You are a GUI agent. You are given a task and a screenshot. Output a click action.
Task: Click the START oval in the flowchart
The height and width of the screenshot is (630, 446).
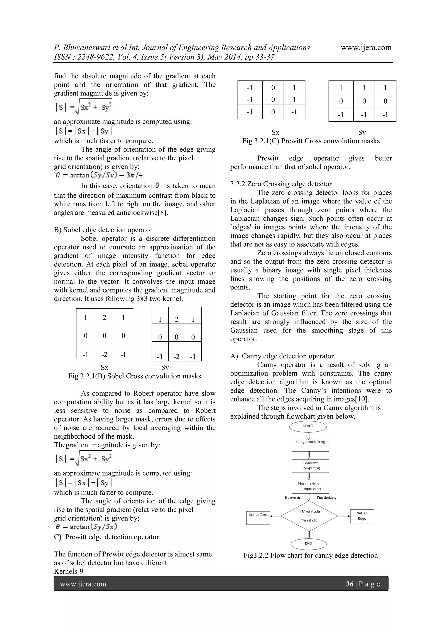tap(308, 426)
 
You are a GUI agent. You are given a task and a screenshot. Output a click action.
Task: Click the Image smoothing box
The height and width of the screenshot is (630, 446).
tap(310, 445)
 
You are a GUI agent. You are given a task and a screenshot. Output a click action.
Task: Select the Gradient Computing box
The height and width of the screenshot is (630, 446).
tap(310, 466)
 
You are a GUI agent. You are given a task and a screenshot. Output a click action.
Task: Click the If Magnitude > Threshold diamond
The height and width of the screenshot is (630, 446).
tap(309, 516)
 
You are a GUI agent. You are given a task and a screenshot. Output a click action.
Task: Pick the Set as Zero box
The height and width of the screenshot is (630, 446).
tap(258, 518)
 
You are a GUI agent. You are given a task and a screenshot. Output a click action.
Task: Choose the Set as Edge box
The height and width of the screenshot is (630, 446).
tap(362, 516)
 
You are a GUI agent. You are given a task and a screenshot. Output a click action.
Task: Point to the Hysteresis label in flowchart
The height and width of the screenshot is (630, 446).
tap(293, 498)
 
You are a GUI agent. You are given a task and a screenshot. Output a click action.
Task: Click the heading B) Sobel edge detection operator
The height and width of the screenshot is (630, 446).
tap(103, 230)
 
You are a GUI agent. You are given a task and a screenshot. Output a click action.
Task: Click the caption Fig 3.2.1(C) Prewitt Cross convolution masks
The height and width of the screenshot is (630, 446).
tap(311, 141)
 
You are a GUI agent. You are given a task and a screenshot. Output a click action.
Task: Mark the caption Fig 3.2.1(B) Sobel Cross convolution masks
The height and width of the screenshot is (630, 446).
tap(135, 376)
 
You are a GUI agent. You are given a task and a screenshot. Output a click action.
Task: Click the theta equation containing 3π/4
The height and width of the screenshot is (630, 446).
tap(99, 175)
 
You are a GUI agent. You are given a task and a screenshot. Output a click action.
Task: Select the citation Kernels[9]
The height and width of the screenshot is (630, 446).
tap(70, 571)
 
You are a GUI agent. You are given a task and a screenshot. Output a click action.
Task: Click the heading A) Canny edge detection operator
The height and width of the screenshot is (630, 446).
tap(282, 356)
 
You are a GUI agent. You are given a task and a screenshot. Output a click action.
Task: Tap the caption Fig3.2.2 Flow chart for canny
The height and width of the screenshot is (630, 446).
tap(311, 555)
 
